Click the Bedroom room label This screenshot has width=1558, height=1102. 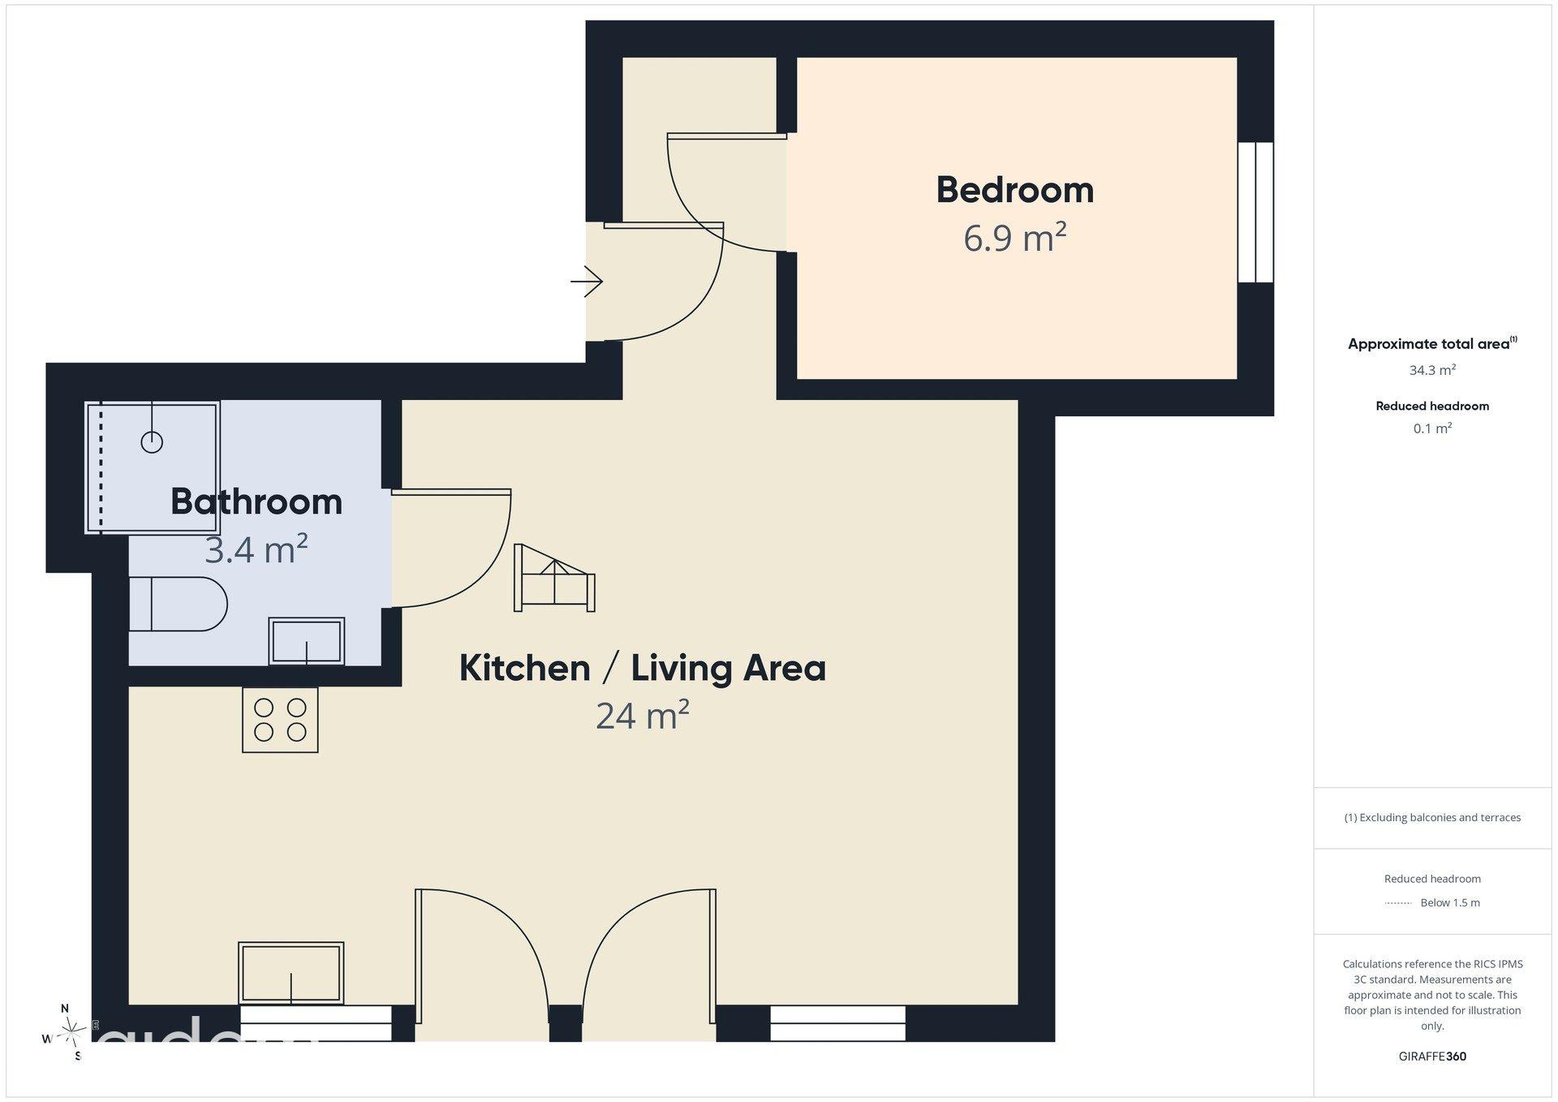pyautogui.click(x=1014, y=190)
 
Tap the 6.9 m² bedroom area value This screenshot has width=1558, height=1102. pyautogui.click(x=1014, y=238)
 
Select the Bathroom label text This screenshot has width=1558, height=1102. pyautogui.click(x=256, y=501)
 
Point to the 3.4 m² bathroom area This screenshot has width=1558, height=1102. pyautogui.click(x=256, y=549)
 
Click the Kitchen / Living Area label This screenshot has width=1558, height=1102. pyautogui.click(x=643, y=669)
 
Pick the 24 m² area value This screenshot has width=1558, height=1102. pyautogui.click(x=643, y=716)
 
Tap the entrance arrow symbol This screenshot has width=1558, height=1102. pyautogui.click(x=587, y=282)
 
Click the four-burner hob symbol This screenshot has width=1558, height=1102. pyautogui.click(x=280, y=720)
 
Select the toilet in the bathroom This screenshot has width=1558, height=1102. pyautogui.click(x=179, y=604)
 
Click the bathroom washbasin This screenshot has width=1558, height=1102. pyautogui.click(x=307, y=641)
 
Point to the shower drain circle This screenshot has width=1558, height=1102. pyautogui.click(x=152, y=442)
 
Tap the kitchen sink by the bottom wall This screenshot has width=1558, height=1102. pyautogui.click(x=291, y=972)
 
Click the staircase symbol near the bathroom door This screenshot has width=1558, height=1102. pyautogui.click(x=555, y=578)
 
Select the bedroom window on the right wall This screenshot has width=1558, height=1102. pyautogui.click(x=1255, y=213)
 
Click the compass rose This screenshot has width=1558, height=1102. pyautogui.click(x=71, y=1032)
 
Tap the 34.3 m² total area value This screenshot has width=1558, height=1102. pyautogui.click(x=1432, y=370)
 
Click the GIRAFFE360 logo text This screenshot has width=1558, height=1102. pyautogui.click(x=1432, y=1057)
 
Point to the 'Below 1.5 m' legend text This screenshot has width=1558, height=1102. pyautogui.click(x=1450, y=902)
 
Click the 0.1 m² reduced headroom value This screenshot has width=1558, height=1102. pyautogui.click(x=1432, y=428)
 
